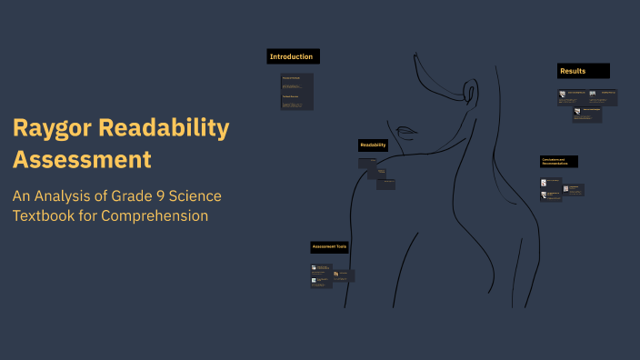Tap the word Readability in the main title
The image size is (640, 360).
pyautogui.click(x=167, y=129)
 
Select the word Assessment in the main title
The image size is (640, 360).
pyautogui.click(x=82, y=160)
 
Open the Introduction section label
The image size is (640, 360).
pyautogui.click(x=292, y=56)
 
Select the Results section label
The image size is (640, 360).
pyautogui.click(x=583, y=70)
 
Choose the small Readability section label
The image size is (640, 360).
pyautogui.click(x=374, y=145)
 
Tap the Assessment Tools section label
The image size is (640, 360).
pyautogui.click(x=330, y=246)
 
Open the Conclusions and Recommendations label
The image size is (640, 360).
pyautogui.click(x=558, y=162)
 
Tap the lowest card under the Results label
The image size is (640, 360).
pyautogui.click(x=587, y=115)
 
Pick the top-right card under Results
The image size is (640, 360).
pyautogui.click(x=602, y=95)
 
